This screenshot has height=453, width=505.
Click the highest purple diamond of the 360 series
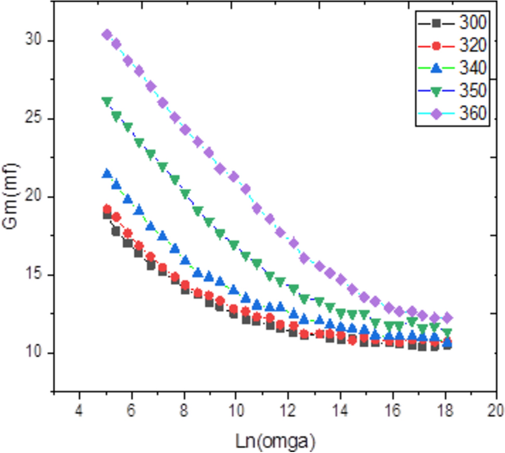(107, 34)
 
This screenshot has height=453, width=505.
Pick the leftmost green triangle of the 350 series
(107, 102)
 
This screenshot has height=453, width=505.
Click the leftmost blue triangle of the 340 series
(107, 173)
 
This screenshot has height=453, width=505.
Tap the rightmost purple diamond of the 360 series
(447, 318)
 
